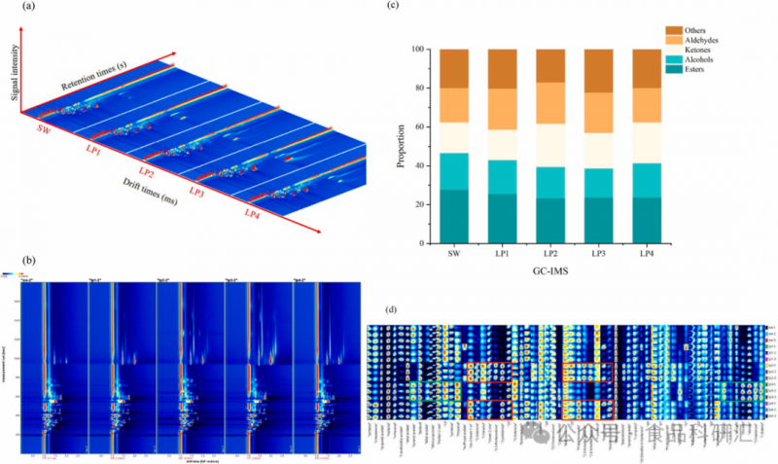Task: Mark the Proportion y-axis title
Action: pyautogui.click(x=401, y=146)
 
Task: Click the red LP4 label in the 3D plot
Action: pyautogui.click(x=252, y=212)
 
